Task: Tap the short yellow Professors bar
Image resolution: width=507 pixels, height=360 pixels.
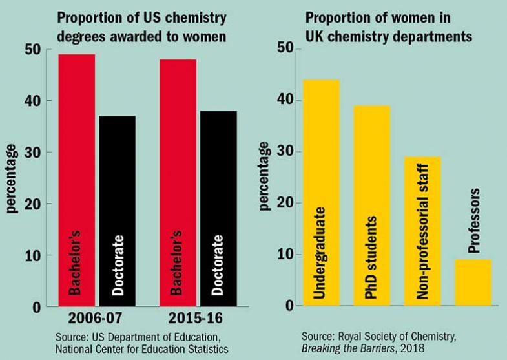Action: [473, 282]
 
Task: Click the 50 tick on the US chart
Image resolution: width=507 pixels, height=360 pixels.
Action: [33, 50]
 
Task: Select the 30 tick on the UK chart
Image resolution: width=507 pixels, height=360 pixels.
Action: [284, 152]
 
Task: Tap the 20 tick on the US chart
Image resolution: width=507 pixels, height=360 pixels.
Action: [33, 204]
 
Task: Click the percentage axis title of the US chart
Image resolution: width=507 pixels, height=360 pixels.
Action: [12, 178]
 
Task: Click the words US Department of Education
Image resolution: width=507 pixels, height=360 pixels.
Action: [138, 336]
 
